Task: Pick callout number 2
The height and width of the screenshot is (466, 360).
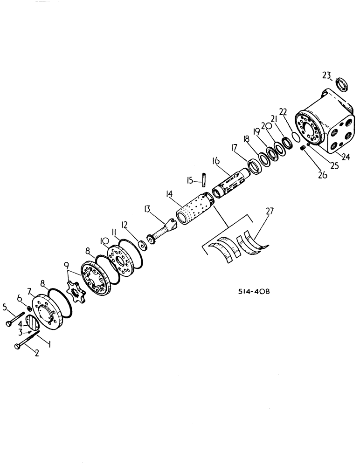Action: pyautogui.click(x=36, y=354)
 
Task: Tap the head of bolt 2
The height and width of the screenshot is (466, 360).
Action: pyautogui.click(x=17, y=346)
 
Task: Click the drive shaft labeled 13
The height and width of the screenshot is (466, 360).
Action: pyautogui.click(x=161, y=233)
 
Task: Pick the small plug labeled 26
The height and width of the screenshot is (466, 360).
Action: pyautogui.click(x=303, y=148)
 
